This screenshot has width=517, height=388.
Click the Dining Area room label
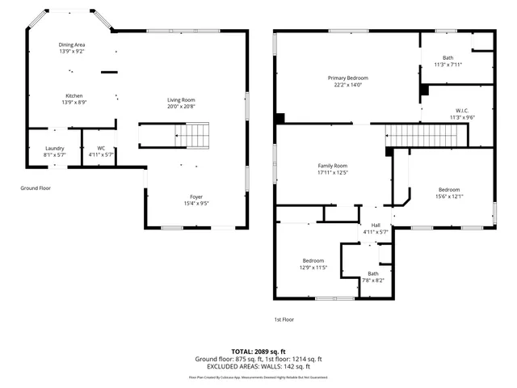[71, 44]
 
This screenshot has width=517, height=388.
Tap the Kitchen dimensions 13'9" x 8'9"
[74, 103]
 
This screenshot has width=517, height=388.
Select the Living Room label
[181, 99]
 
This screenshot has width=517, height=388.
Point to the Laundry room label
[54, 148]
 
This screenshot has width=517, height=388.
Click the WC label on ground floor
[101, 148]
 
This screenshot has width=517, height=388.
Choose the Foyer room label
[196, 196]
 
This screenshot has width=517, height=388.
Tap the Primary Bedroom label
[347, 78]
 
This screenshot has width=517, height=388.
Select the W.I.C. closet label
[462, 110]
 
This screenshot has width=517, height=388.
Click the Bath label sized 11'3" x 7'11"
[448, 57]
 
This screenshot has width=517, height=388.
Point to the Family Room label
[331, 165]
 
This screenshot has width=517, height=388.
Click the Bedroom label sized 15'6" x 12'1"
[448, 189]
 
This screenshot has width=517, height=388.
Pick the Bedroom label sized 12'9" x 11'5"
[313, 260]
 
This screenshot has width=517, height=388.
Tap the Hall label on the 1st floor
[375, 226]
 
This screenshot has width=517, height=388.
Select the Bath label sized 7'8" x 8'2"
[372, 273]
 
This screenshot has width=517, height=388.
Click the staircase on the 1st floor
[420, 135]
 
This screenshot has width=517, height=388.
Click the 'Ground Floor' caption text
[36, 188]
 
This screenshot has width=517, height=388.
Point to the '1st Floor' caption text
[284, 319]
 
